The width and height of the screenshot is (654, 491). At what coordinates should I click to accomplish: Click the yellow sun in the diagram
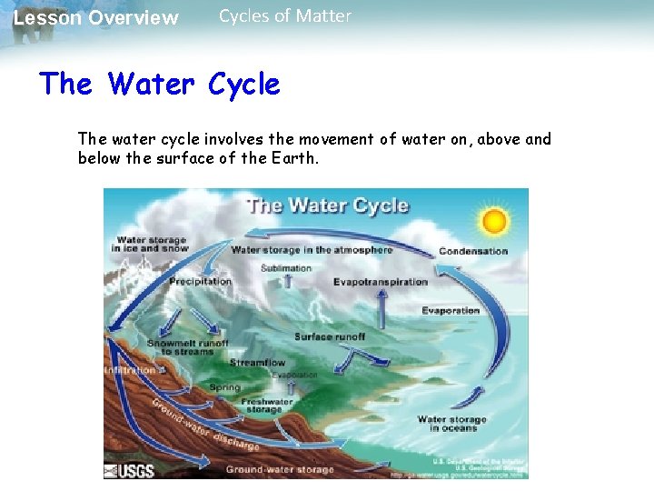(x=494, y=221)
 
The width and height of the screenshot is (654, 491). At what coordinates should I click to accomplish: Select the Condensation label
(x=473, y=251)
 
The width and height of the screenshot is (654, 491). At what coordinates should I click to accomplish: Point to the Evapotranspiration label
(x=380, y=282)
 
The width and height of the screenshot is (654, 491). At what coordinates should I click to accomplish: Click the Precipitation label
(x=200, y=282)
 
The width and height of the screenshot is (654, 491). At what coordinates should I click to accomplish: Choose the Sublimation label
(x=286, y=268)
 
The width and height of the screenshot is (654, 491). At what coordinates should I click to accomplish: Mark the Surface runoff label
(x=330, y=336)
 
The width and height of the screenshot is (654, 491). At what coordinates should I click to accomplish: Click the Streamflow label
(x=257, y=363)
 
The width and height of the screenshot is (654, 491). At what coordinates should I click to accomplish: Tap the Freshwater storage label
(x=267, y=406)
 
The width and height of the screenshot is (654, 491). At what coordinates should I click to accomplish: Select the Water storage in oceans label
(x=451, y=424)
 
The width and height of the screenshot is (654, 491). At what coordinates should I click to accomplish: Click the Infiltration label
(x=129, y=370)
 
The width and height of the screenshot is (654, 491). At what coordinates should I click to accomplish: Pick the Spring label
(x=225, y=387)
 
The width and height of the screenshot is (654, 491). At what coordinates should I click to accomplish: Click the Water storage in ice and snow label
(x=149, y=245)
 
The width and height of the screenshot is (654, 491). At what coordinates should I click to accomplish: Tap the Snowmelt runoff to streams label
(x=188, y=347)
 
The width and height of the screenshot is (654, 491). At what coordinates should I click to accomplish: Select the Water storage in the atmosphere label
(x=312, y=250)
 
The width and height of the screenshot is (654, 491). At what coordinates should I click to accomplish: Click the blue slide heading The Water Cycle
(x=160, y=85)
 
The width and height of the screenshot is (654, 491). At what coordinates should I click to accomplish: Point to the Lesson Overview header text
(x=96, y=18)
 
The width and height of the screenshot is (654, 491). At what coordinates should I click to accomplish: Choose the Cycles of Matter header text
(x=285, y=16)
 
